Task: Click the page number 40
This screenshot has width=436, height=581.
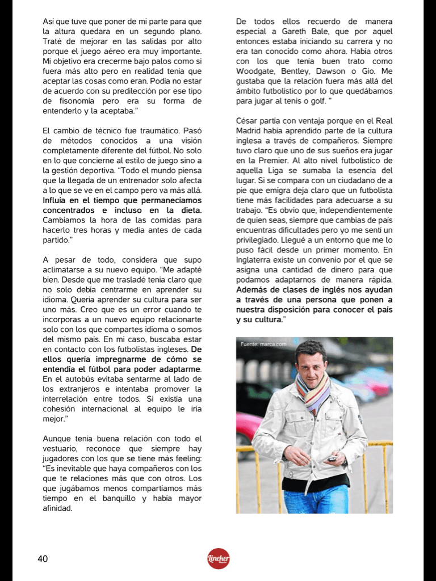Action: tap(43, 559)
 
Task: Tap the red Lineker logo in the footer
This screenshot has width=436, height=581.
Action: tap(219, 559)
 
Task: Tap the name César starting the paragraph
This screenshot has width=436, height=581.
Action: tap(248, 121)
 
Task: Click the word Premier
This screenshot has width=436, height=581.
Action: tap(268, 161)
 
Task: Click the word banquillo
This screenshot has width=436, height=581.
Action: tap(114, 499)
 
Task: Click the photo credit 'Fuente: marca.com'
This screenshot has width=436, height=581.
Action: tap(263, 344)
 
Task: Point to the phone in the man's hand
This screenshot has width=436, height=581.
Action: tap(332, 458)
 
